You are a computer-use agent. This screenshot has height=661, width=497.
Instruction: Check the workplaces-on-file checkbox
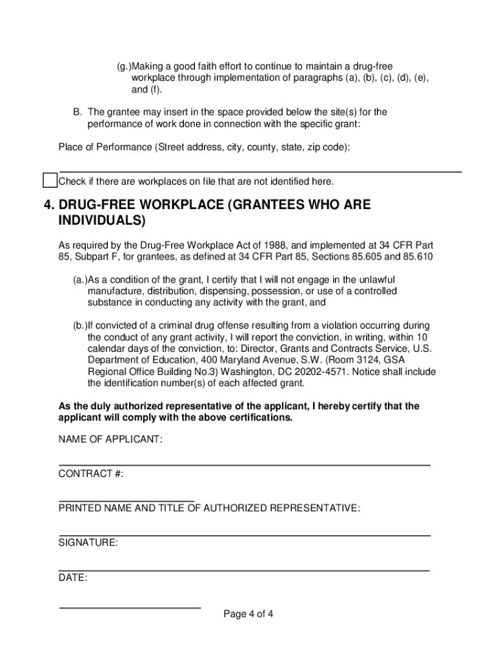50,181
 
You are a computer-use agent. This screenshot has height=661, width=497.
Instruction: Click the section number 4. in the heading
49,205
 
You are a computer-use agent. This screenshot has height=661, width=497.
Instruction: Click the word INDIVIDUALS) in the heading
98,221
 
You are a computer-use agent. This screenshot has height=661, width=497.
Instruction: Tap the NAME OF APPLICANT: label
110,440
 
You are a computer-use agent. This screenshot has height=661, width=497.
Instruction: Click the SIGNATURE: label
88,543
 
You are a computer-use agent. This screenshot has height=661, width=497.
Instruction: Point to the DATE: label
73,578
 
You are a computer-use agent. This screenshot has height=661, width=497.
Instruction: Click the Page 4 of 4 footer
249,614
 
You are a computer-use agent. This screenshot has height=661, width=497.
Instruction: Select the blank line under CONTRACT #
127,500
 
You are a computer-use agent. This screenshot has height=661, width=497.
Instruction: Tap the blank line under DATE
130,607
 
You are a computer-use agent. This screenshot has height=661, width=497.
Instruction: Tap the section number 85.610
417,257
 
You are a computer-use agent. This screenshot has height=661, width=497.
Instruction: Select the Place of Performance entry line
260,172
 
